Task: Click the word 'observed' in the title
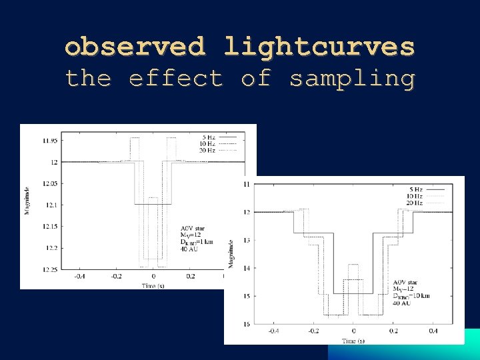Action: point(135,47)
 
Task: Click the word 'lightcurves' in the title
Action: point(319,47)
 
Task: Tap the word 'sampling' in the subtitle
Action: point(351,79)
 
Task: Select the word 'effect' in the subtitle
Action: point(175,79)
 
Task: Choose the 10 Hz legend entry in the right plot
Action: point(414,197)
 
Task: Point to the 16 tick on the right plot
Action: point(247,324)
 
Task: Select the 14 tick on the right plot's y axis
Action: point(247,268)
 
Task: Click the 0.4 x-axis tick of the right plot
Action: point(433,331)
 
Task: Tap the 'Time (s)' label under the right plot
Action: point(353,340)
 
